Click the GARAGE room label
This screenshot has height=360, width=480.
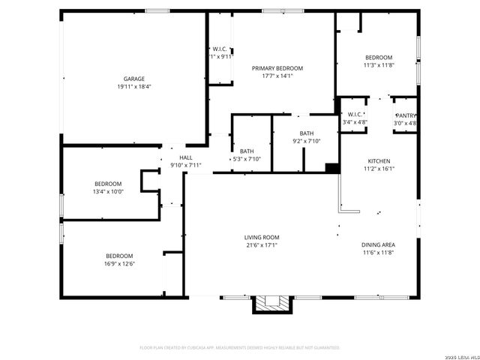pyautogui.click(x=134, y=79)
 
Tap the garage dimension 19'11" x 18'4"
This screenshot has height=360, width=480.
pyautogui.click(x=134, y=86)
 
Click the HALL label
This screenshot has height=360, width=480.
pyautogui.click(x=186, y=157)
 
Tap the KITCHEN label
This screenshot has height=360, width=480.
pyautogui.click(x=379, y=161)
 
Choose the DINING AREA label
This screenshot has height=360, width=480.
pyautogui.click(x=379, y=245)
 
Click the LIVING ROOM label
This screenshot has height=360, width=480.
pyautogui.click(x=262, y=237)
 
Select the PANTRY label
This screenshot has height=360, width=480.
pyautogui.click(x=405, y=115)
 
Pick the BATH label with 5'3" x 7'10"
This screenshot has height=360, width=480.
pyautogui.click(x=247, y=151)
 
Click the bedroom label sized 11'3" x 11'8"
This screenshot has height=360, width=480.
pyautogui.click(x=379, y=58)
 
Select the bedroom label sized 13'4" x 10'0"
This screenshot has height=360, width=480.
pyautogui.click(x=108, y=184)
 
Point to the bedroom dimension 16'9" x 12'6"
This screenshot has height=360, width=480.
pyautogui.click(x=120, y=263)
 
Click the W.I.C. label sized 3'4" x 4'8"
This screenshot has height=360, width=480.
pyautogui.click(x=355, y=115)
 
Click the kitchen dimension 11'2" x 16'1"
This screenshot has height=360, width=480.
pyautogui.click(x=379, y=169)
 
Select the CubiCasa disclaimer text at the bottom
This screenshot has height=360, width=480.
pyautogui.click(x=240, y=347)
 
